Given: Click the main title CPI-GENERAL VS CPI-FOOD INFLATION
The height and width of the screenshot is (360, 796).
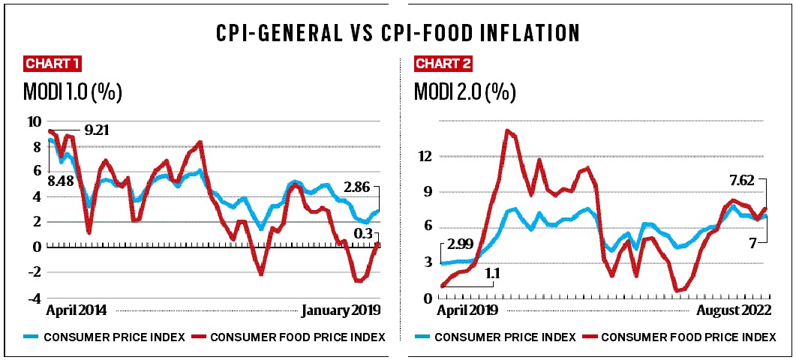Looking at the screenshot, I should pyautogui.click(x=398, y=33).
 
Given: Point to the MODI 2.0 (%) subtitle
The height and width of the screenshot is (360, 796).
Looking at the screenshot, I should pyautogui.click(x=465, y=92).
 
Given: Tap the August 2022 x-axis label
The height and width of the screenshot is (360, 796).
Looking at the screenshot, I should pyautogui.click(x=731, y=309).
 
